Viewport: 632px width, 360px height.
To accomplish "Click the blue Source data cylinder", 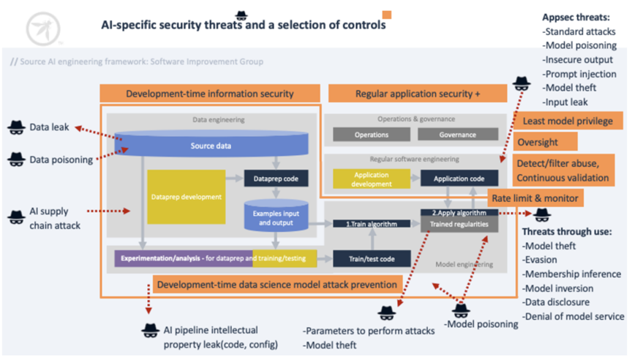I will tap(211, 146).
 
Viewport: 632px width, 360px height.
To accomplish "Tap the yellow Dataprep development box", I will tap(184, 197).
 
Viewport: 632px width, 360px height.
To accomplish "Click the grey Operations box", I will tap(372, 135).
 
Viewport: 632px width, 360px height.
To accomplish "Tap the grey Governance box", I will tap(458, 135).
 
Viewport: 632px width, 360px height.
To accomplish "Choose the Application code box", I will tap(459, 179).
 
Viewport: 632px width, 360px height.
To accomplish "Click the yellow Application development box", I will tap(371, 179).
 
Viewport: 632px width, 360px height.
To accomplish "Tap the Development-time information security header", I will tap(210, 94).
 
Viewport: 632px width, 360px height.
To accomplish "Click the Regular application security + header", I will tap(418, 94).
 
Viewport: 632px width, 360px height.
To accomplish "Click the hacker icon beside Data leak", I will tap(16, 128).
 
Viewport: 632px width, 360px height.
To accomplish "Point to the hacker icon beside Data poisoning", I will tap(16, 159).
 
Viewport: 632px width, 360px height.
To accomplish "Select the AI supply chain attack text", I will tap(55, 219).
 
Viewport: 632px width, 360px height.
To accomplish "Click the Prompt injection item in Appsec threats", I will tap(579, 74).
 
